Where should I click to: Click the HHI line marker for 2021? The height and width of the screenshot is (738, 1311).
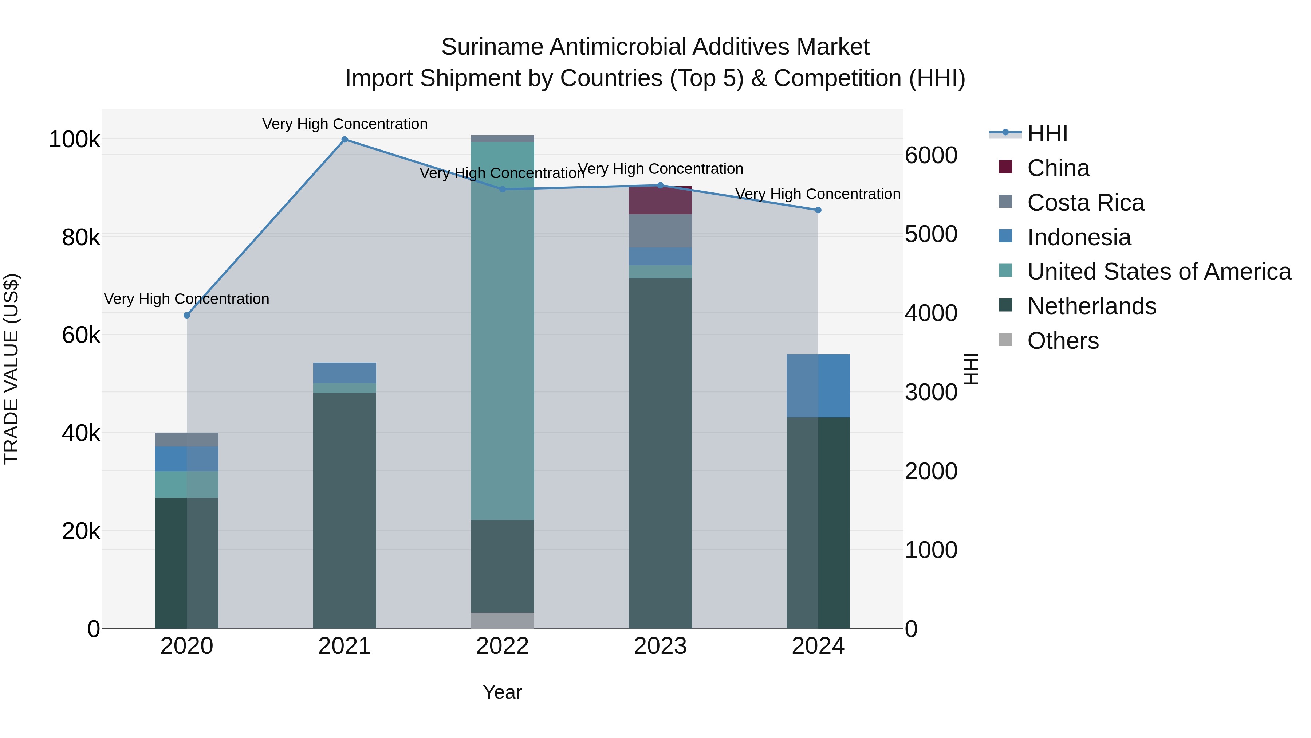pyautogui.click(x=345, y=140)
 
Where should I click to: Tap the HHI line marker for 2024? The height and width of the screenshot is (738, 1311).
pyautogui.click(x=818, y=210)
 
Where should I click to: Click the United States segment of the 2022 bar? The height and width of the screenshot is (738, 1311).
pyautogui.click(x=502, y=331)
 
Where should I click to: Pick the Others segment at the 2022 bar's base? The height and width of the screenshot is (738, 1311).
pyautogui.click(x=502, y=620)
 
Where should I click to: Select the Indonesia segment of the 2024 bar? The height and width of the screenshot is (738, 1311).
pyautogui.click(x=818, y=386)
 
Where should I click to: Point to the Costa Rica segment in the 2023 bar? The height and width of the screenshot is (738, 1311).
pyautogui.click(x=660, y=231)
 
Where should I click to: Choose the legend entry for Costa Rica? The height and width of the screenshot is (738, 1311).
pyautogui.click(x=1085, y=203)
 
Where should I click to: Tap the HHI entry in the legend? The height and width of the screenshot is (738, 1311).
pyautogui.click(x=1047, y=133)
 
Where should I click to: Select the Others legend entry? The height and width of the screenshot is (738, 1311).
pyautogui.click(x=1063, y=341)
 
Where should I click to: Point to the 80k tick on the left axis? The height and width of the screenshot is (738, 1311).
pyautogui.click(x=80, y=237)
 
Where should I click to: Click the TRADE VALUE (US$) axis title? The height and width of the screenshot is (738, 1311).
pyautogui.click(x=11, y=369)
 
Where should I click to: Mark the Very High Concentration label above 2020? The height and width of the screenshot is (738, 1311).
pyautogui.click(x=186, y=298)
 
